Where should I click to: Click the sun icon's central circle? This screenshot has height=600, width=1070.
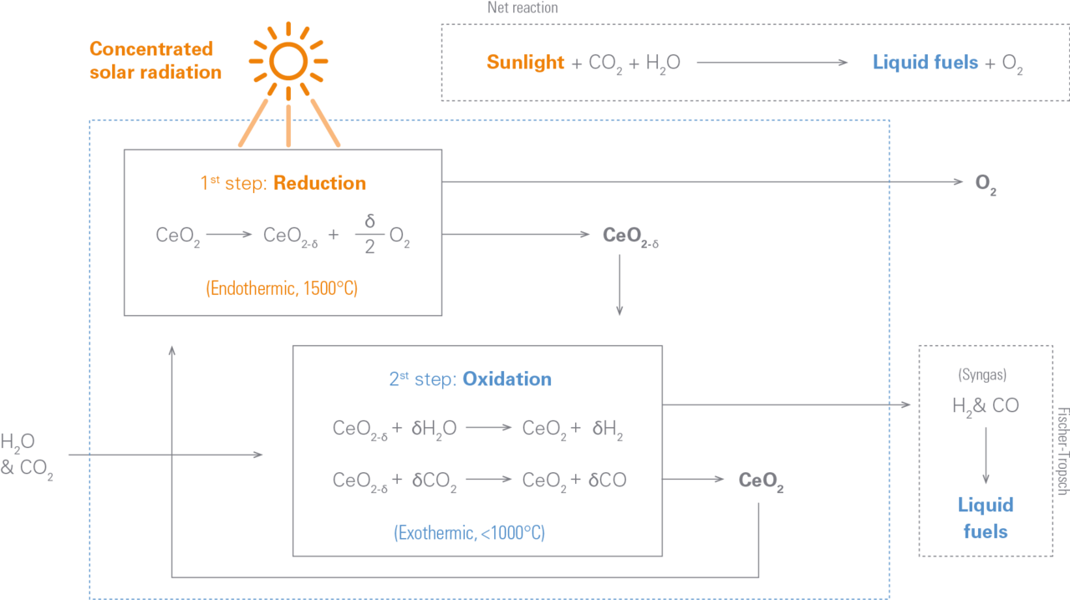[x=288, y=61]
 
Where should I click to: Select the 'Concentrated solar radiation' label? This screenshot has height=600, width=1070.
[x=155, y=60]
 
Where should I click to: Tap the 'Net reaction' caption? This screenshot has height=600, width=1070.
[x=522, y=8]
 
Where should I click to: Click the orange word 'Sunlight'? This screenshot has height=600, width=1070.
[x=526, y=62]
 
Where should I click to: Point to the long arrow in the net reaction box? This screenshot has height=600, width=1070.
[x=772, y=62]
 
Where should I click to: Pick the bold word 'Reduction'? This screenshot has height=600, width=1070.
[x=319, y=183]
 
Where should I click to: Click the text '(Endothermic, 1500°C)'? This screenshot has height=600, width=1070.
[x=282, y=288]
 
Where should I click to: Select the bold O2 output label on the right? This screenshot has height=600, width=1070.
[x=986, y=184]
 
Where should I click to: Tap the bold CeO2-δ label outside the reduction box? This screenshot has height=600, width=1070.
[x=630, y=236]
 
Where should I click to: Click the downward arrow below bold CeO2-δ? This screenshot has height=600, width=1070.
[x=619, y=285]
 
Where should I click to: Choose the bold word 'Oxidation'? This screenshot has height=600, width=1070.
[x=507, y=379]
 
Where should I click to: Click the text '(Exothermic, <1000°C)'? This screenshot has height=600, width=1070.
[x=469, y=532]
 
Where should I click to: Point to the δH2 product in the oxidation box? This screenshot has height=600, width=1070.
[x=608, y=429]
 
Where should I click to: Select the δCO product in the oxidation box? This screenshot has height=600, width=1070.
[x=607, y=480]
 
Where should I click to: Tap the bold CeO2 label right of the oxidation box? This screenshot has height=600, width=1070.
[x=761, y=481]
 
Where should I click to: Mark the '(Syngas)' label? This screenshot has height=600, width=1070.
[x=982, y=374]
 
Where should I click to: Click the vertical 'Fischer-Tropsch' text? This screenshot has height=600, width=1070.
[x=1062, y=451]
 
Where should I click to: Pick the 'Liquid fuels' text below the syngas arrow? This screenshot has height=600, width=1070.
[x=986, y=518]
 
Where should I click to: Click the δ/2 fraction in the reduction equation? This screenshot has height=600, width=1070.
[x=369, y=234]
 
